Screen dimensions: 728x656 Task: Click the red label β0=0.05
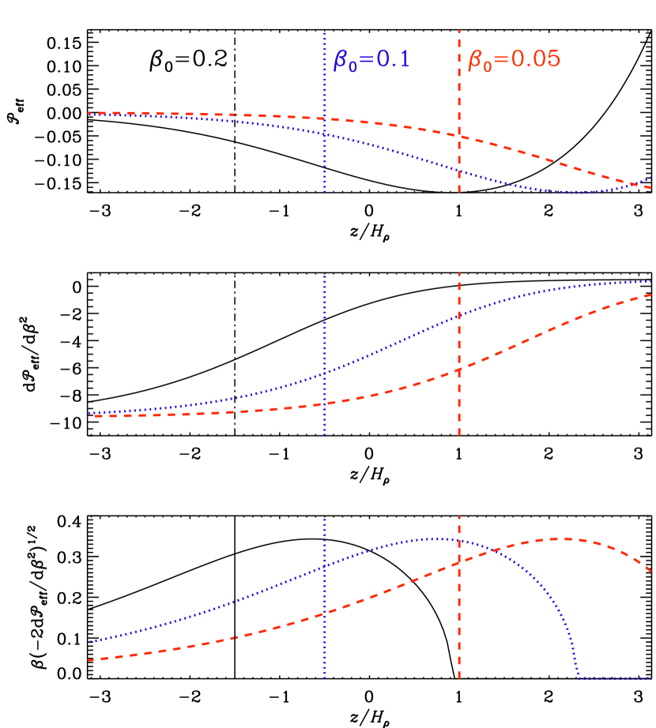point(514,60)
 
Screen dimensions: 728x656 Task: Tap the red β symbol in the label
point(476,61)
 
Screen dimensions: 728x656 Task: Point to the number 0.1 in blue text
point(393,60)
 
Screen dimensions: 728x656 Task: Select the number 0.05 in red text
point(536,59)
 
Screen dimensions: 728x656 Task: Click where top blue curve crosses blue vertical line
point(325,135)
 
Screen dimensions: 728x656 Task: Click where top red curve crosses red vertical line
point(459,136)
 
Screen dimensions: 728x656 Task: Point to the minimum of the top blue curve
point(575,193)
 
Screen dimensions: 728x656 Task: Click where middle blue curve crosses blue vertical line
point(325,373)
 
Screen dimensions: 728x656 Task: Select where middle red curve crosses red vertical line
point(459,370)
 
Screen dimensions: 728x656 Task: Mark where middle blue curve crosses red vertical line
point(459,317)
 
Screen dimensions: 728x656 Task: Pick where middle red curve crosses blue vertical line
point(325,403)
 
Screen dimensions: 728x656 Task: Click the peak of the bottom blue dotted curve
point(435,538)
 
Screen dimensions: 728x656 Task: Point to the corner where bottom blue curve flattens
point(579,677)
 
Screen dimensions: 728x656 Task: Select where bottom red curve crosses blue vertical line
point(325,613)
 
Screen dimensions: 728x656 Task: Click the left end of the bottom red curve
point(89,659)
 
